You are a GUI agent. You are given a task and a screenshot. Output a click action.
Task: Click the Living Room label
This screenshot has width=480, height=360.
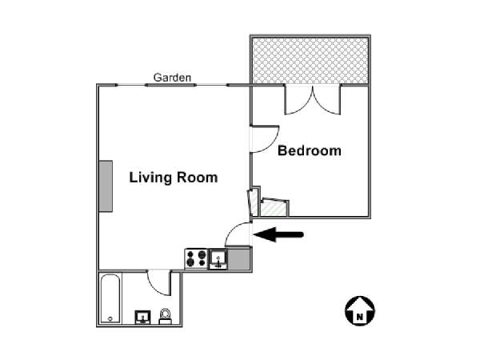click(174, 178)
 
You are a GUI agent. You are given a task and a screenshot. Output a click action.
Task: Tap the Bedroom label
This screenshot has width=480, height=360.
click(309, 150)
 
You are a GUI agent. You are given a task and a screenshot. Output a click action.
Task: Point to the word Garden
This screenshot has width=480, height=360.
click(172, 78)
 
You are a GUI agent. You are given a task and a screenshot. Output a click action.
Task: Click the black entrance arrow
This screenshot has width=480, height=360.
click(278, 234)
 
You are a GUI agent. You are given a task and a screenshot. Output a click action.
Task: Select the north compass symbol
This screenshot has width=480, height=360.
click(360, 310)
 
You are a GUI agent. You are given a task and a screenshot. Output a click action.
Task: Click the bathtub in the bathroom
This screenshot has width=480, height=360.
click(110, 298)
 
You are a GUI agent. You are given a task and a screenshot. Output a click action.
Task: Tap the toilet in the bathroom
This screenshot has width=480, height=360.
click(166, 316)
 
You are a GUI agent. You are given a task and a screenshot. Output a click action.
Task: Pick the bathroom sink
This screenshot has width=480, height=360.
click(142, 317)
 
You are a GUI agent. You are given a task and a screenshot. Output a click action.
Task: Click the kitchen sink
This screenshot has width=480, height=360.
click(218, 259)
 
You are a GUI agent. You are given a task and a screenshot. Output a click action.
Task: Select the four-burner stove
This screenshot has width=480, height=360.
click(197, 259)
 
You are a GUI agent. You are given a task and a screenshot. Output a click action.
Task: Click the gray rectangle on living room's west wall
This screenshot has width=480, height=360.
click(106, 186)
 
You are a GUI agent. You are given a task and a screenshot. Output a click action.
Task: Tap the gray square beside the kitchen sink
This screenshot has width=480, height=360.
click(239, 259)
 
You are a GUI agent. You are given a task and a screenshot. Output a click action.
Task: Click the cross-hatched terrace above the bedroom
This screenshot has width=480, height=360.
click(310, 60)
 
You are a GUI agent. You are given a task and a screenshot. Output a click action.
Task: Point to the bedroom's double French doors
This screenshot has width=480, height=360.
click(313, 102)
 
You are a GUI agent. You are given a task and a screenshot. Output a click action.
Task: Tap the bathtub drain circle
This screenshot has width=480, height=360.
click(110, 318)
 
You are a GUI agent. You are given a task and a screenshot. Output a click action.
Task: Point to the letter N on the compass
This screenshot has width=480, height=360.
click(360, 317)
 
